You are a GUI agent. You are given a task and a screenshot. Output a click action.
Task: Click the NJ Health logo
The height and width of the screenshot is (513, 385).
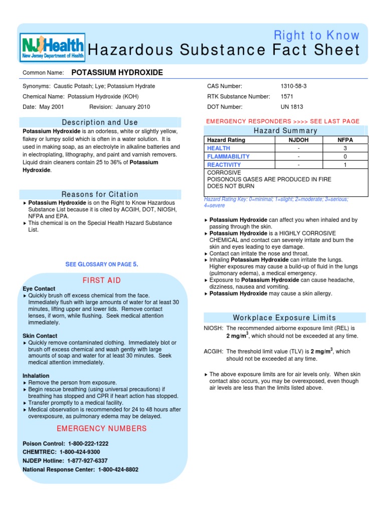pyautogui.click(x=53, y=48)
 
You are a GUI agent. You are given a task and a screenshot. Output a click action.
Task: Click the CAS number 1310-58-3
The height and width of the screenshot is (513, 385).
pyautogui.click(x=294, y=86)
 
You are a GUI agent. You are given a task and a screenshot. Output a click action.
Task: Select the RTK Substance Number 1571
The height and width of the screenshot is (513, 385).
pyautogui.click(x=287, y=97)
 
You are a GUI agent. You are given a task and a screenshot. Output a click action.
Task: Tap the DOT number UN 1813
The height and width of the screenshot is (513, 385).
pyautogui.click(x=292, y=107)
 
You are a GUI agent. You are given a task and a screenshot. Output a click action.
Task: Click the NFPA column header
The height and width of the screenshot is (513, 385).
pyautogui.click(x=345, y=140)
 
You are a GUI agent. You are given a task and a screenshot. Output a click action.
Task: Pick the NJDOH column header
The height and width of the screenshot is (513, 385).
pyautogui.click(x=299, y=140)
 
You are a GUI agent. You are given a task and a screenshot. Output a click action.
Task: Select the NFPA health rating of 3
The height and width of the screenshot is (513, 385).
pyautogui.click(x=345, y=148)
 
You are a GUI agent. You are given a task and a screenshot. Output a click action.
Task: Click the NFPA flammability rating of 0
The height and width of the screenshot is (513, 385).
pyautogui.click(x=345, y=156)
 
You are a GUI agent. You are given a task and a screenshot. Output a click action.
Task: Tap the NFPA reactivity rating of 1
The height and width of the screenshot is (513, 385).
pyautogui.click(x=345, y=165)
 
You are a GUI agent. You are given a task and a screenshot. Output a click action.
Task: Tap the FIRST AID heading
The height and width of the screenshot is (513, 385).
pyautogui.click(x=102, y=281)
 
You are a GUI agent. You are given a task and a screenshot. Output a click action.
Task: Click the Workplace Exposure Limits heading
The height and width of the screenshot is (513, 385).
pyautogui.click(x=285, y=318)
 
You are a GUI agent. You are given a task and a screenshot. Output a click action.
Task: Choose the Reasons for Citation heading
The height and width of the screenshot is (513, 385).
pyautogui.click(x=100, y=194)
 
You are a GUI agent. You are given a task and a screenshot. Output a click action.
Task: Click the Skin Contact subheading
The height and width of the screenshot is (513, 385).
pyautogui.click(x=40, y=336)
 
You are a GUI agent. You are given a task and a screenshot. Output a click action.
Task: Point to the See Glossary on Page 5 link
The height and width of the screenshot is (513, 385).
pyautogui.click(x=102, y=264)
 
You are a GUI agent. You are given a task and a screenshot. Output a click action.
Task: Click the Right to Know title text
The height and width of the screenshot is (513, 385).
pyautogui.click(x=317, y=36)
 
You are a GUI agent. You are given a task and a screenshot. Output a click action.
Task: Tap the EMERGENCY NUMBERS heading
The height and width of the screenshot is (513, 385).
pyautogui.click(x=102, y=429)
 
